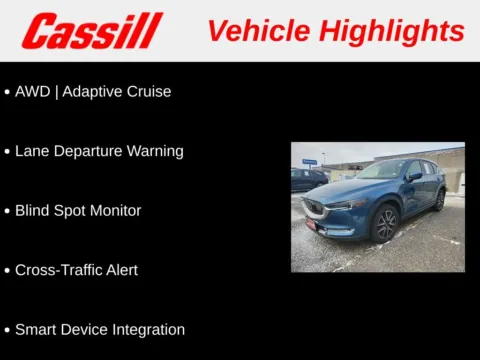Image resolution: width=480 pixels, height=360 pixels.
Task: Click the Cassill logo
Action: pos(92,31)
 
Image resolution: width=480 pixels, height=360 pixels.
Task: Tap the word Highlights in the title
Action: pos(394,31)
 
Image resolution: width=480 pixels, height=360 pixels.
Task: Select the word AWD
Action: pos(32,91)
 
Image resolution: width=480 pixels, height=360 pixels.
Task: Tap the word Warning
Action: pos(155,152)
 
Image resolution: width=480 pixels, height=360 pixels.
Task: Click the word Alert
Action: pos(120,270)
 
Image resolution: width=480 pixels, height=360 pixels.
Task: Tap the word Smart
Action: pos(36,329)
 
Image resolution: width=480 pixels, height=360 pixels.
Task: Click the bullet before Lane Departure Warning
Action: pos(7,152)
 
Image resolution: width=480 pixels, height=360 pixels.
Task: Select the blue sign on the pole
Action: pos(310,161)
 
